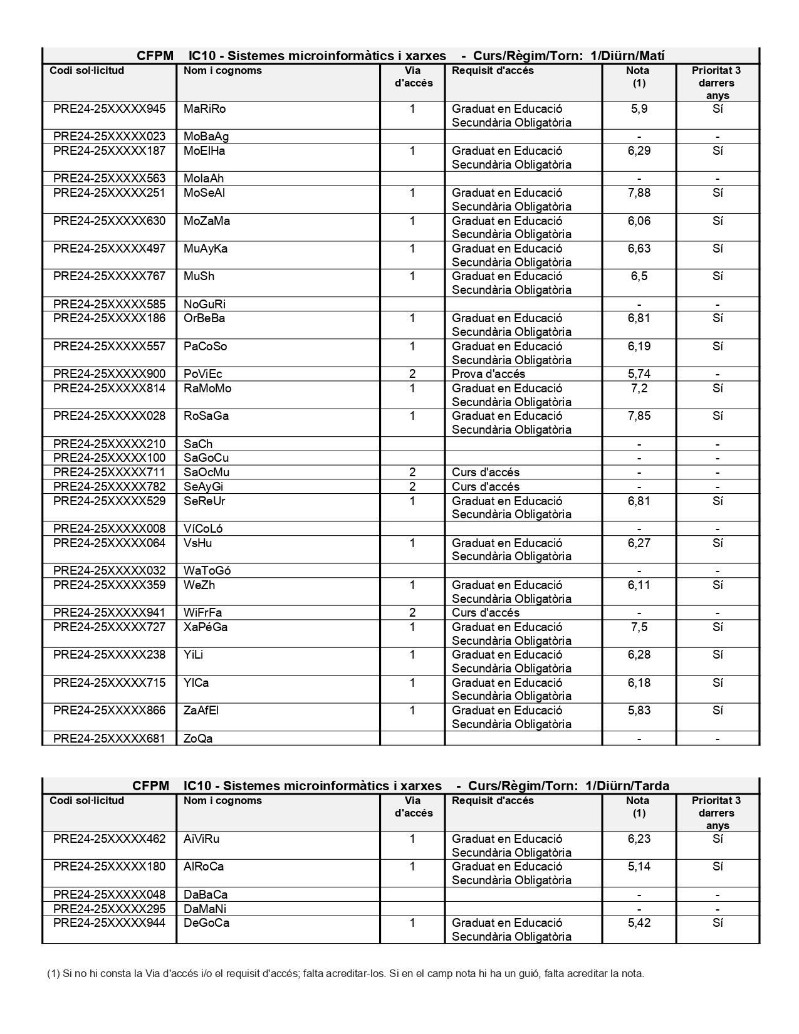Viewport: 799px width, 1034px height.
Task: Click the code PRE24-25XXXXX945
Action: (x=109, y=109)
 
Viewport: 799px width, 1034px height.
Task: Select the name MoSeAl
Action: (x=204, y=193)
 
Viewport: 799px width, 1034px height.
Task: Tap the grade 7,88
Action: (x=639, y=193)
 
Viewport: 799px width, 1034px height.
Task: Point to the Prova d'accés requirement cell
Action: (x=488, y=374)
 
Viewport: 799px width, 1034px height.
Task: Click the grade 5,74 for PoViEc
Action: (x=639, y=374)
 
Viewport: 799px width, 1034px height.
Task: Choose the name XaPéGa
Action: (x=206, y=627)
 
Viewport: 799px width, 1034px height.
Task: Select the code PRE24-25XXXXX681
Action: (x=109, y=739)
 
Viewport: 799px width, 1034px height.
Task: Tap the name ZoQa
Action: (x=198, y=739)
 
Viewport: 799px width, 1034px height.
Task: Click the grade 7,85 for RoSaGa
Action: (x=639, y=416)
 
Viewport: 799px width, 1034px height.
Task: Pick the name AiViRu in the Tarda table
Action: (x=201, y=839)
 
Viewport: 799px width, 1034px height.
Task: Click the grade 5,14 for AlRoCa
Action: (x=639, y=867)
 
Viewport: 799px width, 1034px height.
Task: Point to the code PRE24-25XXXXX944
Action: (x=109, y=923)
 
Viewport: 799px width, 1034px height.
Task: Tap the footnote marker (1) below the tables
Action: (x=53, y=974)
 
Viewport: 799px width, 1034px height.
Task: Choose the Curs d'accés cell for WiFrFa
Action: (x=486, y=613)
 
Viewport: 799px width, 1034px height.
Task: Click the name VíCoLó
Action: (x=203, y=529)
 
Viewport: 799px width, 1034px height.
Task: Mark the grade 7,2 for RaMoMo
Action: (x=639, y=389)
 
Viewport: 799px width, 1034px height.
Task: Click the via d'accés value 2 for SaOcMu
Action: (x=412, y=473)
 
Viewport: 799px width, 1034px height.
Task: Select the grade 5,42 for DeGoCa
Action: (x=639, y=923)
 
